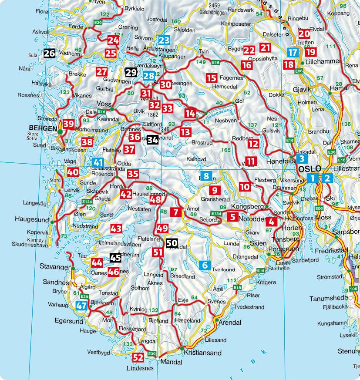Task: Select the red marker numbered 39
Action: pos(68,124)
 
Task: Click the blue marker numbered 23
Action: pos(164,41)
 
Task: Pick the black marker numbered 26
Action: pos(49,54)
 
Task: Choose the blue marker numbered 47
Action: pos(81,306)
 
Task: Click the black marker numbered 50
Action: pos(172,244)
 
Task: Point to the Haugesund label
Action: pos(30,219)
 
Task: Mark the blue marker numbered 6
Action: pos(205,265)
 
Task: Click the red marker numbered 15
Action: pos(212,78)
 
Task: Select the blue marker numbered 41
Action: pos(98,163)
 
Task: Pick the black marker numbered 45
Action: pos(115,258)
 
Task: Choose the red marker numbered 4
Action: pos(272,222)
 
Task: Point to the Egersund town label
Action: pos(69,322)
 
